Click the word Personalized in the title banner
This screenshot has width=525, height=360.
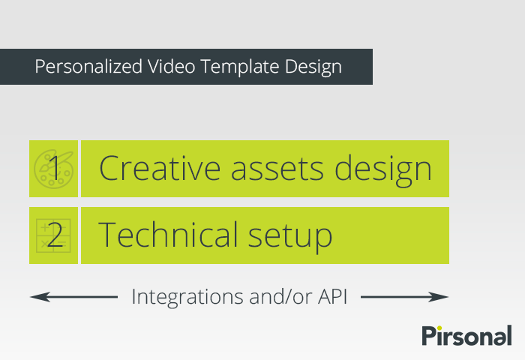83,67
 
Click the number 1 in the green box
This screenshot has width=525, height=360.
53,168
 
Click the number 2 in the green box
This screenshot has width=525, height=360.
54,235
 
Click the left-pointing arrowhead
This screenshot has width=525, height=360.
34,297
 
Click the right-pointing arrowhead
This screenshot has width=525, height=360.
443,297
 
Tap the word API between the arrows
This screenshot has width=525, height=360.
330,297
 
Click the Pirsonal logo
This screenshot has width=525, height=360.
466,335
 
